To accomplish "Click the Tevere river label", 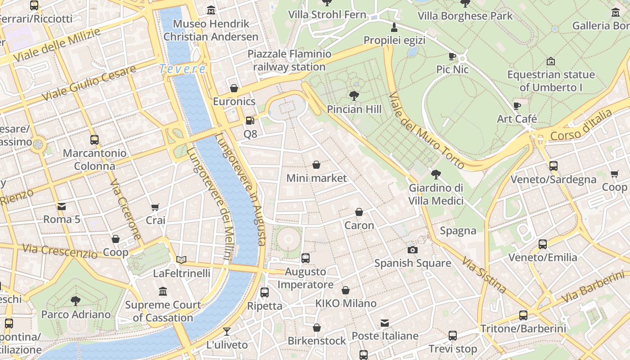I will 183,69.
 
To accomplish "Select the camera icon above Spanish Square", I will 412,250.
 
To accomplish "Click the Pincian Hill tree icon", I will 354,95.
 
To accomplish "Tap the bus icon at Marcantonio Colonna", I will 94,139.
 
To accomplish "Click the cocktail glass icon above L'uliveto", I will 227,331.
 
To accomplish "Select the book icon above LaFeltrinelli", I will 181,260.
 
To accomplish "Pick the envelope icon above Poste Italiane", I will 385,323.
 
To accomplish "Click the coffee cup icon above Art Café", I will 517,106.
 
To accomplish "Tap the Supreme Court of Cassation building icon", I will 163,292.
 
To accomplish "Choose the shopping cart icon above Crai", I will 155,207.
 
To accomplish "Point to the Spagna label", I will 458,231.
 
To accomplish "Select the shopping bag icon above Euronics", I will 234,88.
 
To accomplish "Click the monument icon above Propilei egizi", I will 394,27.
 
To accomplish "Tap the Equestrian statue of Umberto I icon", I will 550,61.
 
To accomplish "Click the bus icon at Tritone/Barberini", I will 523,315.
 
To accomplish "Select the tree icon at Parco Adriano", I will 76,301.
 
